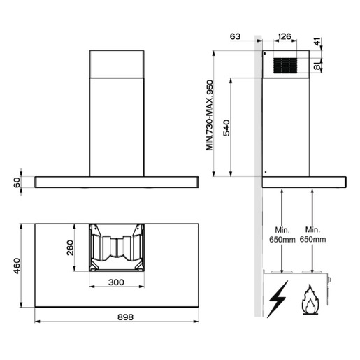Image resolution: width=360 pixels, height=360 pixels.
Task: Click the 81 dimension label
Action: [319, 66]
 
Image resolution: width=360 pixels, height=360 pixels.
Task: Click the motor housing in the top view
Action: [117, 248]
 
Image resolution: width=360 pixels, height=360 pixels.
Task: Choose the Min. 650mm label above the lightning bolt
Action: [281, 235]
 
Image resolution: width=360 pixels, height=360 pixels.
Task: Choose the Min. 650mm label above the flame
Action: [312, 235]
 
